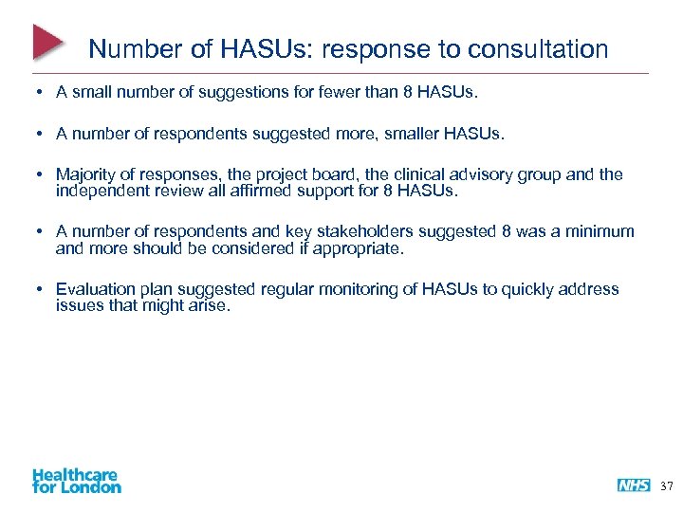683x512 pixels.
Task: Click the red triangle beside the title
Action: [x=47, y=42]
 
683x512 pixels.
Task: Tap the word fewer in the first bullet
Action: [x=340, y=94]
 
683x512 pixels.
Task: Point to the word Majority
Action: [x=88, y=174]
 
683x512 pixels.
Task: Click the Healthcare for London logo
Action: [x=77, y=480]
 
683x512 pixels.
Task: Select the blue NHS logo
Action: [x=634, y=485]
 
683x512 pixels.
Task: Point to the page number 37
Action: [x=667, y=485]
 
